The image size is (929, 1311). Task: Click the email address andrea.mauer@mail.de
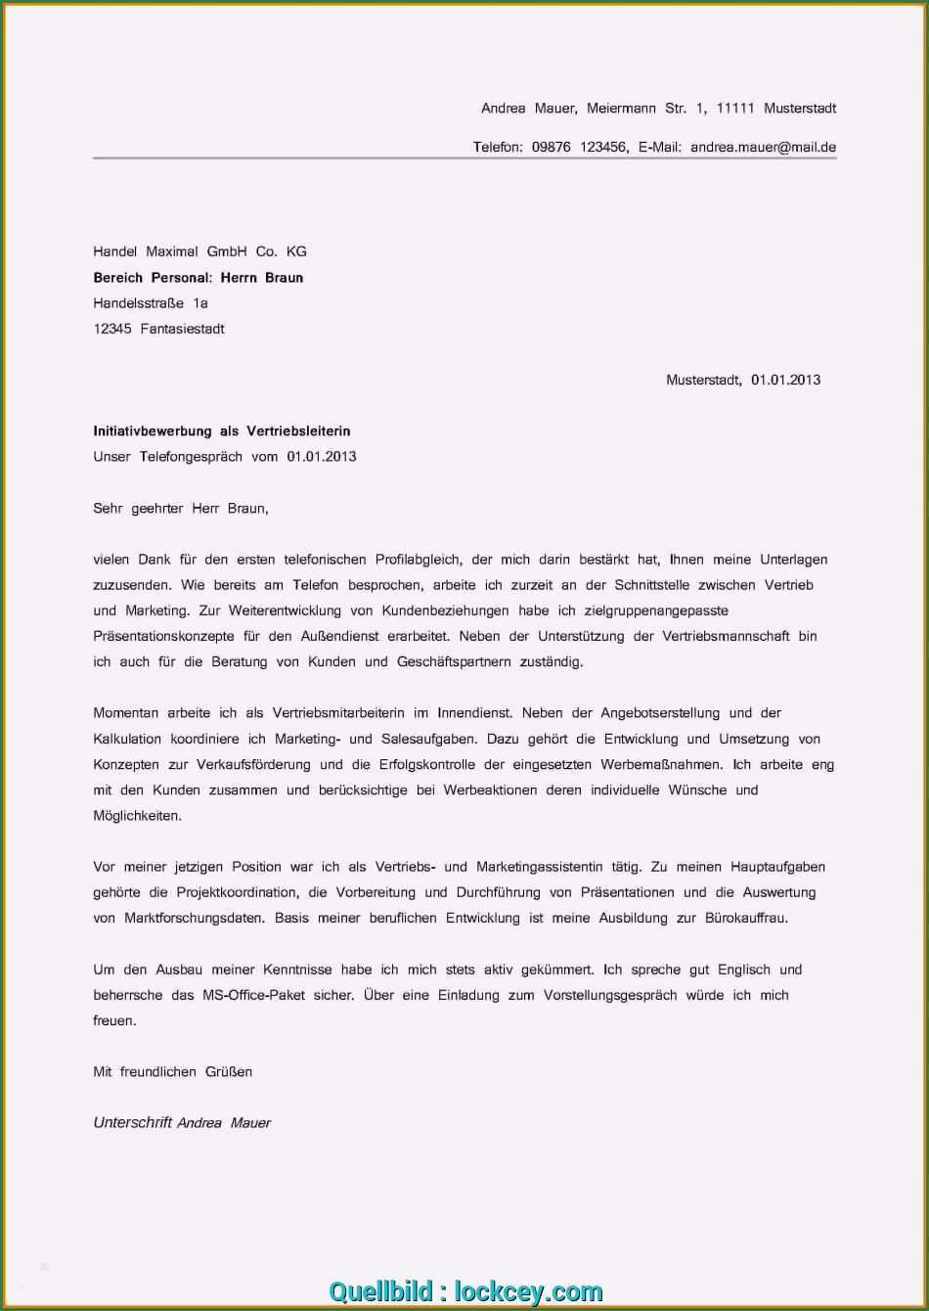pyautogui.click(x=763, y=148)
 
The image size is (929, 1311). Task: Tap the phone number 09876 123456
pyautogui.click(x=579, y=148)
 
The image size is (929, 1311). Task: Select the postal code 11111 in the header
pyautogui.click(x=735, y=109)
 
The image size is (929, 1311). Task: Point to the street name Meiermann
pyautogui.click(x=621, y=109)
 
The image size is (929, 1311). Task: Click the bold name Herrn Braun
pyautogui.click(x=261, y=278)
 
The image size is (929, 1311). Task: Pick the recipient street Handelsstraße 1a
pyautogui.click(x=151, y=303)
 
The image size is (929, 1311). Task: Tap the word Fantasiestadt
pyautogui.click(x=182, y=329)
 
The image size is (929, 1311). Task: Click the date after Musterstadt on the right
pyautogui.click(x=785, y=380)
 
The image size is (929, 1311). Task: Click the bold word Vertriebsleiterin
pyautogui.click(x=298, y=430)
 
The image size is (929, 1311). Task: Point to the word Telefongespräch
pyautogui.click(x=191, y=456)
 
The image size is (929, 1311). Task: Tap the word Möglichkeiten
pyautogui.click(x=138, y=815)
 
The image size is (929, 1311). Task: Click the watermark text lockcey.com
pyautogui.click(x=529, y=1291)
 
